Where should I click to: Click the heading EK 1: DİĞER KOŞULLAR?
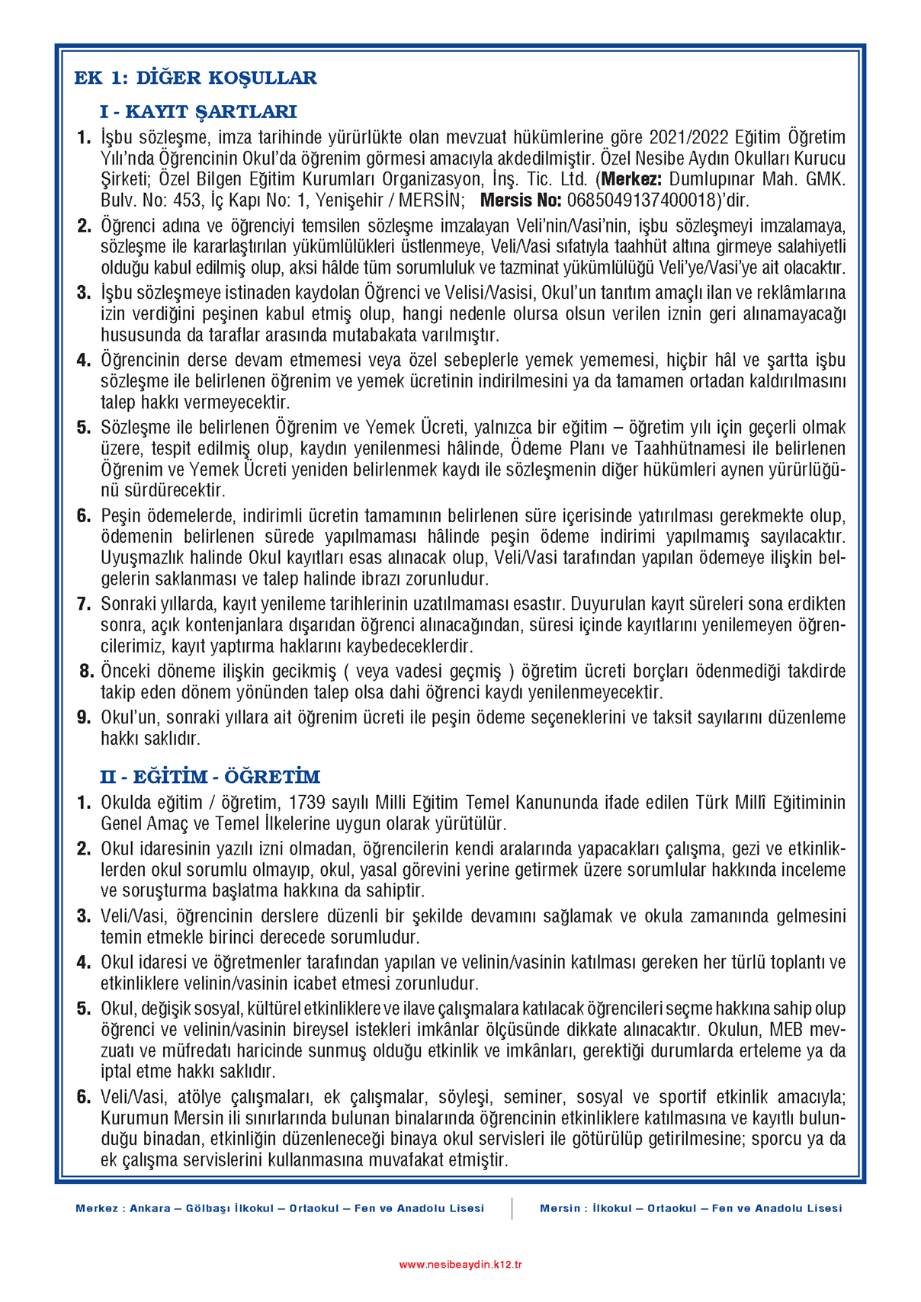195,78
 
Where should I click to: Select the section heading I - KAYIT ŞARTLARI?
197,112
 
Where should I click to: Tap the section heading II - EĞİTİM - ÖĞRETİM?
210,777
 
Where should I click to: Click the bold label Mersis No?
521,200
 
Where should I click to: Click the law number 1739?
308,803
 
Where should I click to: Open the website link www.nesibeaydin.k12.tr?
460,1265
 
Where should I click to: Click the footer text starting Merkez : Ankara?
280,1208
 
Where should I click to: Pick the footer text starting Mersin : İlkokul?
691,1208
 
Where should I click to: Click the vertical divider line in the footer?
512,1208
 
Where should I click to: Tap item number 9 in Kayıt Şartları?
84,718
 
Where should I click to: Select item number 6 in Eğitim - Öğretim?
84,1098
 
